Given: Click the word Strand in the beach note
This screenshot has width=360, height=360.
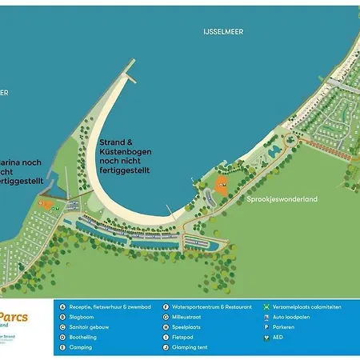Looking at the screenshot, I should [111, 142].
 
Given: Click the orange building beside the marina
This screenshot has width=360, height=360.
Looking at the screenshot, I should [50, 205].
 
